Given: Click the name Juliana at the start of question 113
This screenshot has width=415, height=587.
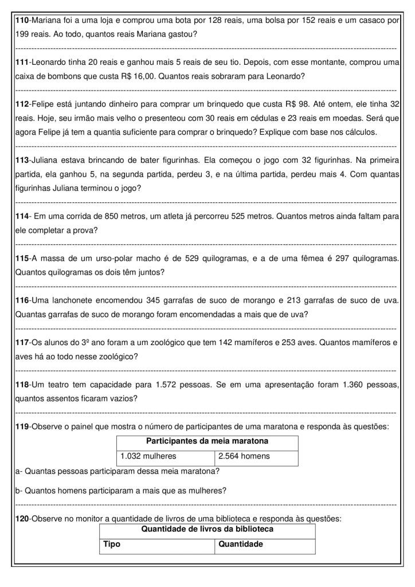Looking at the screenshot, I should [46, 161].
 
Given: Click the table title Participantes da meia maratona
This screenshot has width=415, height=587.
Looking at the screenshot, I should [207, 441].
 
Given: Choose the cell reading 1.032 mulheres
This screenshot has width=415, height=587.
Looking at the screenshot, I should [148, 456].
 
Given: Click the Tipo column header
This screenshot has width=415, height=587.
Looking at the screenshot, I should [111, 544].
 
